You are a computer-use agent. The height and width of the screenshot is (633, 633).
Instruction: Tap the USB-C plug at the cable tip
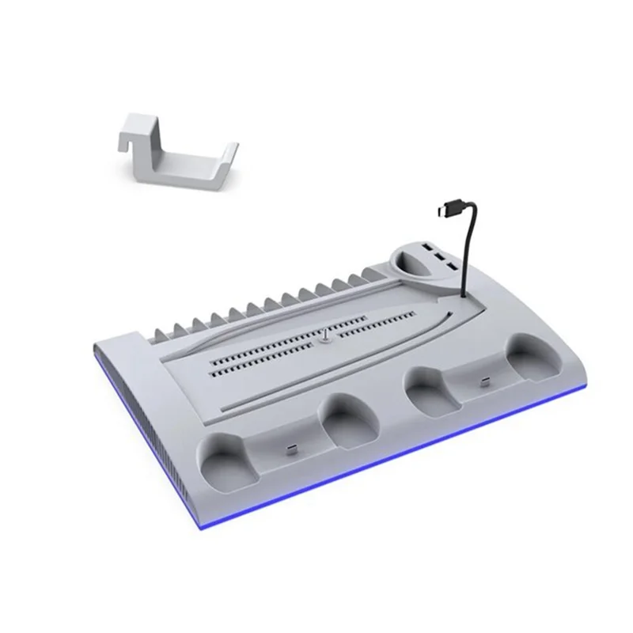pyautogui.click(x=443, y=212)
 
